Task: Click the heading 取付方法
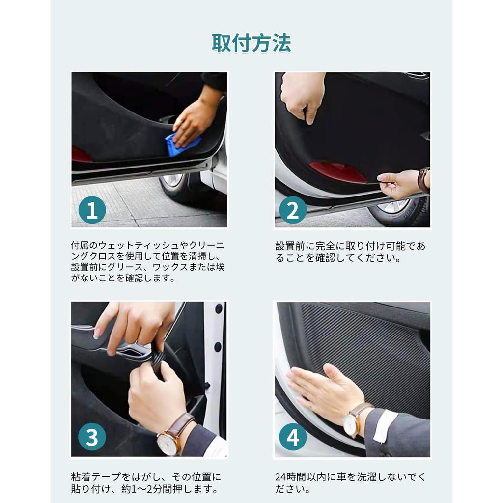pos(251,43)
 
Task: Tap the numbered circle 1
pos(92,210)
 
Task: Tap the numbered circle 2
pos(293,210)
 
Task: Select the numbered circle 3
pos(92,437)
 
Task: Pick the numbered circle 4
pos(293,437)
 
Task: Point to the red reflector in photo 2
pos(337,172)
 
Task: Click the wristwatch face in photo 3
pos(168,444)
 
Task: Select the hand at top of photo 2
pos(303,95)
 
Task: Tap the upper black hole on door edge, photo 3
pos(219,308)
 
